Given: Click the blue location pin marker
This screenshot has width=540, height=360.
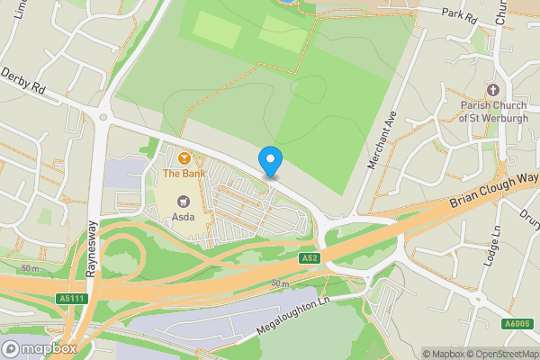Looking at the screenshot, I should click(271, 161).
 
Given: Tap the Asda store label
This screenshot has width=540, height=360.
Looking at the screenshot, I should click(184, 217).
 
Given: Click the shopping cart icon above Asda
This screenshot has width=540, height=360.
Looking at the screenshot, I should click(184, 201).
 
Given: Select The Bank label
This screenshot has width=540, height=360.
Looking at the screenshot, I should click(184, 172).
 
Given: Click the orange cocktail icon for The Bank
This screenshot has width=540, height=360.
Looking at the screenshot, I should click(184, 157).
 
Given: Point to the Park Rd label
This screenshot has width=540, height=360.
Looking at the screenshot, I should click(458, 13).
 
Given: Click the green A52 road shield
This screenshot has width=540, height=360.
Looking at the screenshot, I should click(310, 258).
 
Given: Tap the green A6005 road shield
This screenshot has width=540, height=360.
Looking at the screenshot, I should click(517, 324).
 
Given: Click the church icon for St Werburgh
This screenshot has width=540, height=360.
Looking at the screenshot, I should click(492, 90).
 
